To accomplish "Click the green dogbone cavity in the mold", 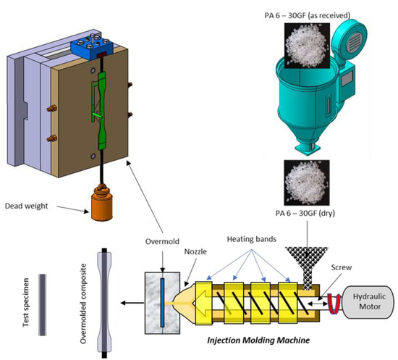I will click(101, 101).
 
